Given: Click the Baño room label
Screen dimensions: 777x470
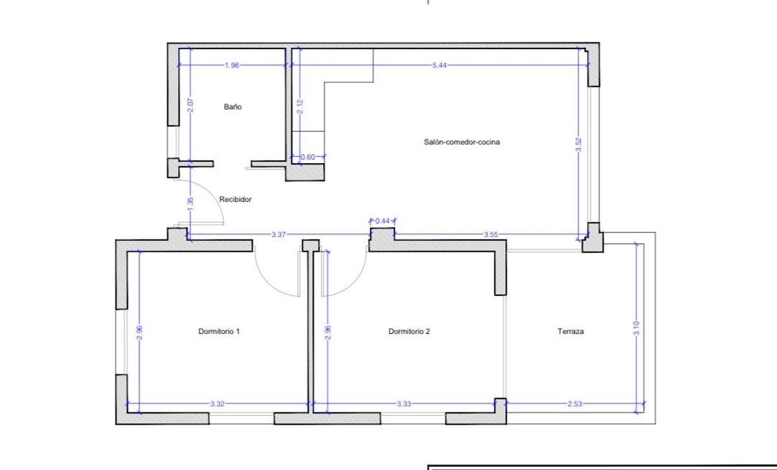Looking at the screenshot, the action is [x=232, y=107].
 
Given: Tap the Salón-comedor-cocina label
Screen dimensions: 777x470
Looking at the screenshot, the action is [x=462, y=142].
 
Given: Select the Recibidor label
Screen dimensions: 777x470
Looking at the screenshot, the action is [x=235, y=199].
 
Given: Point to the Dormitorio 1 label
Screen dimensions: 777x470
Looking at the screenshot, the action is [x=219, y=331].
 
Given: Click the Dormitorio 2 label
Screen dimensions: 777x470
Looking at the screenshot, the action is [x=409, y=331].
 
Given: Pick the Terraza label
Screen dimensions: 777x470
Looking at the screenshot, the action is [x=570, y=331].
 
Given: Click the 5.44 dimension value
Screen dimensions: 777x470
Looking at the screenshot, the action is [x=440, y=65].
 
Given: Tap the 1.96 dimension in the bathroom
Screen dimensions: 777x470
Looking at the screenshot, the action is [x=232, y=65].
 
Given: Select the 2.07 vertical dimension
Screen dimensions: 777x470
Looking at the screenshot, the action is [x=190, y=106].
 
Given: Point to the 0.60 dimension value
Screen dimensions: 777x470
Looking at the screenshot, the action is [x=308, y=157].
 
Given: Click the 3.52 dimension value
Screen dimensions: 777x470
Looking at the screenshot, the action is [x=578, y=144].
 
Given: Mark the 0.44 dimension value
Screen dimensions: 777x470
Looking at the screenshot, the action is [x=382, y=221].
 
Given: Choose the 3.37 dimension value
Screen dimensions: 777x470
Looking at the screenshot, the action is [x=278, y=234].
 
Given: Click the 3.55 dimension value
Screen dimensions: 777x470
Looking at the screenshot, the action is [x=491, y=234].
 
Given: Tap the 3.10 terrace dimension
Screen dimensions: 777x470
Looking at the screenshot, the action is [x=636, y=328].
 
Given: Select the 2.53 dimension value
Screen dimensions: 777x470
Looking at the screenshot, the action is [x=575, y=404].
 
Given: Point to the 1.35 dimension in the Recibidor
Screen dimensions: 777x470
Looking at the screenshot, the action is [x=190, y=204].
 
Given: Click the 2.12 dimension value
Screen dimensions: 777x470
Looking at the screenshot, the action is [x=300, y=106].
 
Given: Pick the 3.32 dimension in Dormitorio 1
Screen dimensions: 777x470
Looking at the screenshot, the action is [x=218, y=404].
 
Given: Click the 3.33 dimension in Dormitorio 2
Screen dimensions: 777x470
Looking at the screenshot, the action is [x=404, y=404].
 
